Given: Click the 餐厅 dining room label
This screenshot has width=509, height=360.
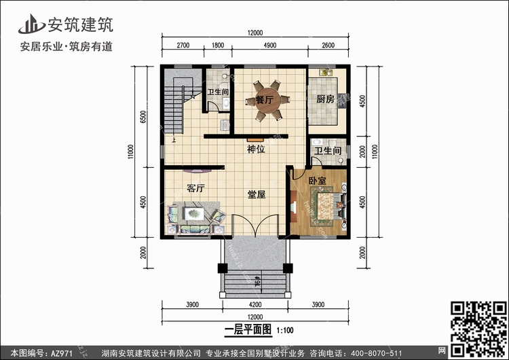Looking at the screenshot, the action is tap(264, 100).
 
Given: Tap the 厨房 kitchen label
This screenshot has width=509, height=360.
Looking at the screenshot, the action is tap(325, 98).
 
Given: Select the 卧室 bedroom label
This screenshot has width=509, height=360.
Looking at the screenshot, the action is tap(317, 181).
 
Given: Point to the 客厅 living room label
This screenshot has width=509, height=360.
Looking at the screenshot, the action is tap(195, 188).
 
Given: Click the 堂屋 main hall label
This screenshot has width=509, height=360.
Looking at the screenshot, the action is tap(257, 194).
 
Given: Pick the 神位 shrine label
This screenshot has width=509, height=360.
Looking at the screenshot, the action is tap(256, 149).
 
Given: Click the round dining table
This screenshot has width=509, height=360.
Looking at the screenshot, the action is tap(267, 101).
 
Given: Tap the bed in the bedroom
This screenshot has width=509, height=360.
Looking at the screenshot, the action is tap(328, 206).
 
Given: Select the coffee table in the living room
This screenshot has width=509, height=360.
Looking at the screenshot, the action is tap(194, 213).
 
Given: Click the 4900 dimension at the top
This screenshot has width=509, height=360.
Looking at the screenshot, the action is tap(269, 46).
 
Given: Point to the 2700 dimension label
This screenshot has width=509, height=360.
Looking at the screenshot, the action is tap(183, 46).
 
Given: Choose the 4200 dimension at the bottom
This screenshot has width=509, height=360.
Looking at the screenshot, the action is tap(255, 305).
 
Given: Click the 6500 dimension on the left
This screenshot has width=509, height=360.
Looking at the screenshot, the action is tap(143, 117).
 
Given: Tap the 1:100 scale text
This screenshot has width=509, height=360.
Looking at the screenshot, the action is tap(285, 331).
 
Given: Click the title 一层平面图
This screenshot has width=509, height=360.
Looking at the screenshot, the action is tap(248, 330).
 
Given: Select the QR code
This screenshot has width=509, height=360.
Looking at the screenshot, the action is tap(478, 329).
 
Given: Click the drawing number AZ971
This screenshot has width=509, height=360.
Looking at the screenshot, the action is tap(62, 353).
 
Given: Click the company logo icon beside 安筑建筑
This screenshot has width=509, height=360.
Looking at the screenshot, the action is tap(31, 24).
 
